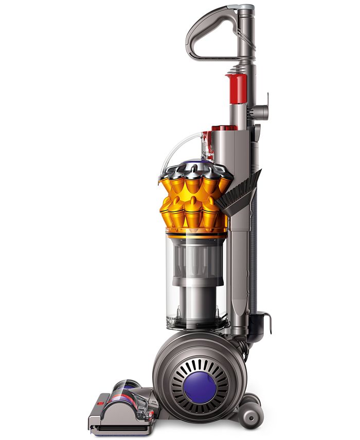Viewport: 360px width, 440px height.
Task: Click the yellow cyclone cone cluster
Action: pyautogui.click(x=193, y=203)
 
